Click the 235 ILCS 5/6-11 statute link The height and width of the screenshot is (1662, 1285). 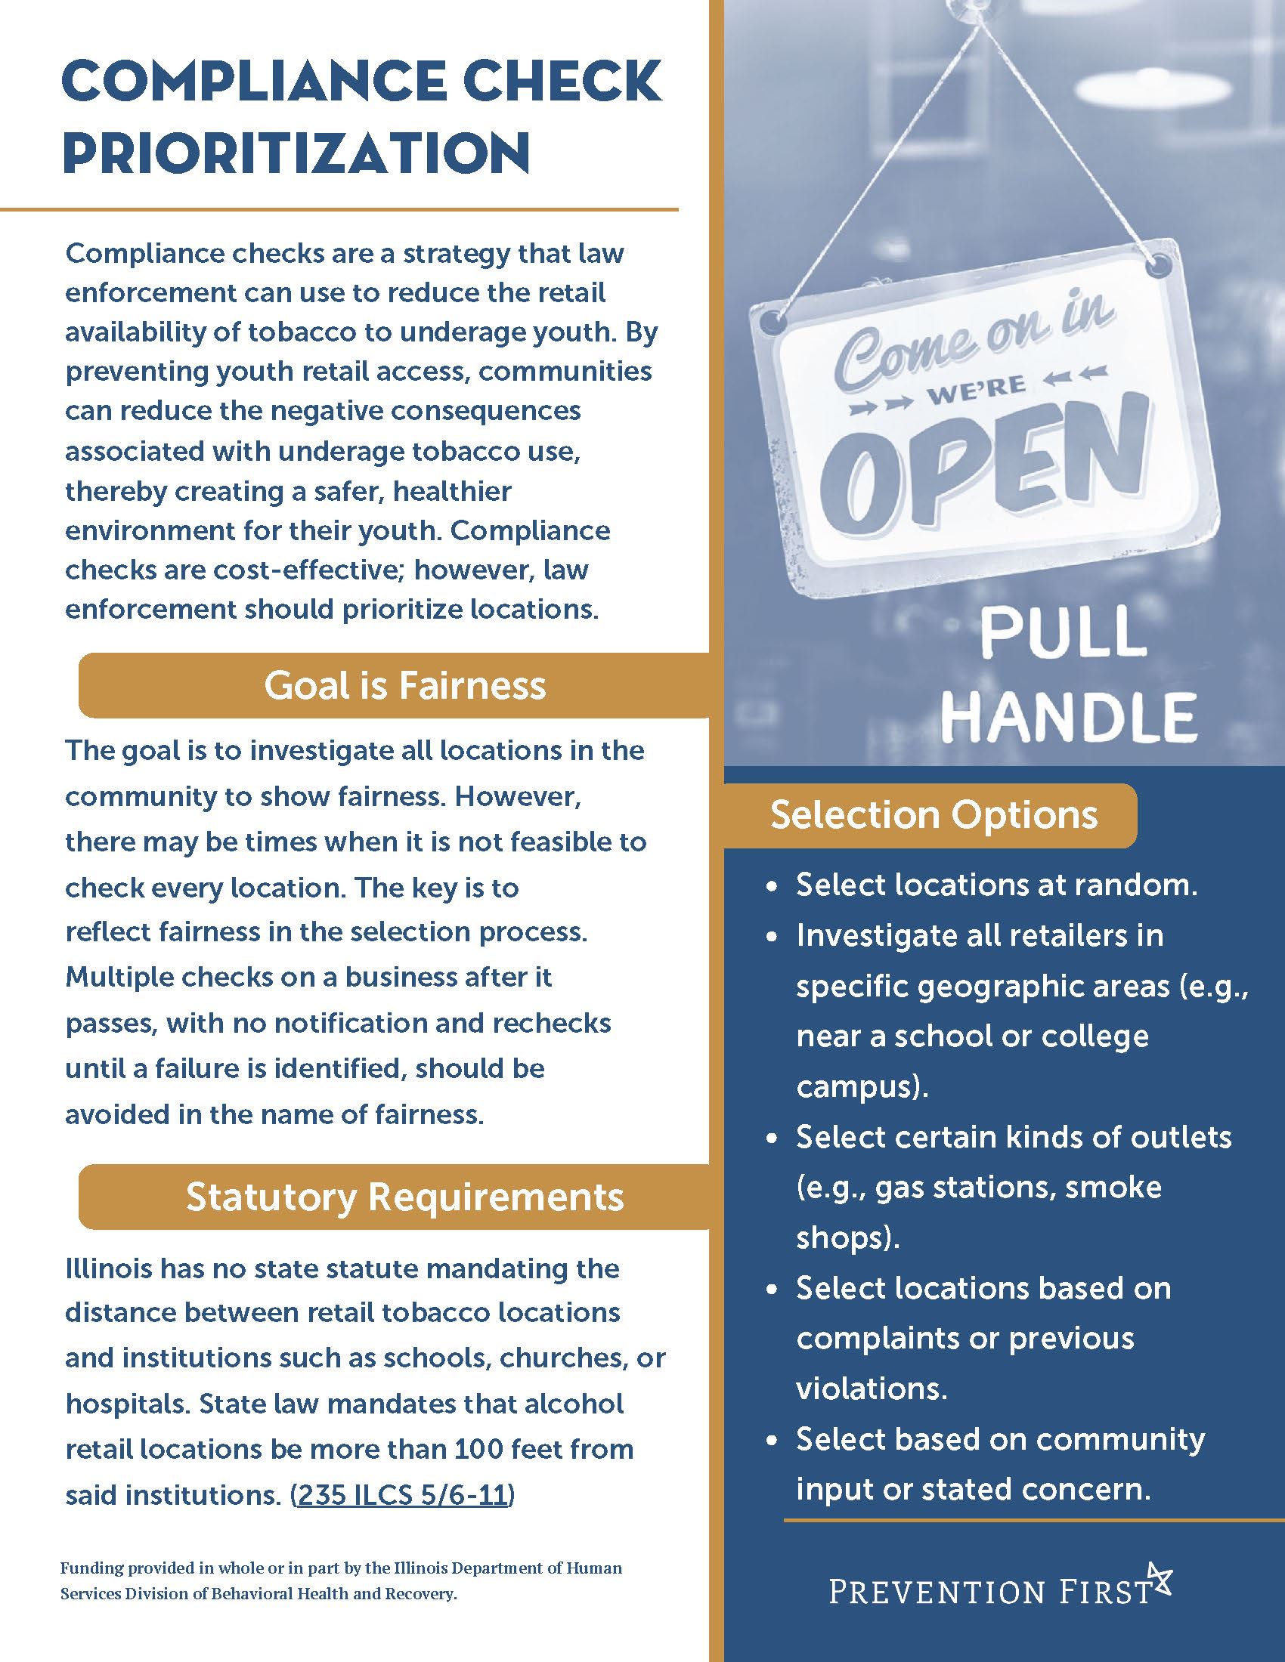403,1495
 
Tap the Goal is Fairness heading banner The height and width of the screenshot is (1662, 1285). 404,686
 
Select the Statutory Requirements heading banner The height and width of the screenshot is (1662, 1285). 404,1197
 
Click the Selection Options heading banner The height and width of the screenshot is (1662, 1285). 934,815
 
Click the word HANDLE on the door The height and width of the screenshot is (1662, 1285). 1069,716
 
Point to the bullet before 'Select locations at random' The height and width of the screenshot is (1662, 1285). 773,888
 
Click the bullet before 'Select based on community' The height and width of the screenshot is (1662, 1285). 773,1441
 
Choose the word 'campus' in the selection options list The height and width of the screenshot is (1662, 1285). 857,1086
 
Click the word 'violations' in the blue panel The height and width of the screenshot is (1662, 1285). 870,1389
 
